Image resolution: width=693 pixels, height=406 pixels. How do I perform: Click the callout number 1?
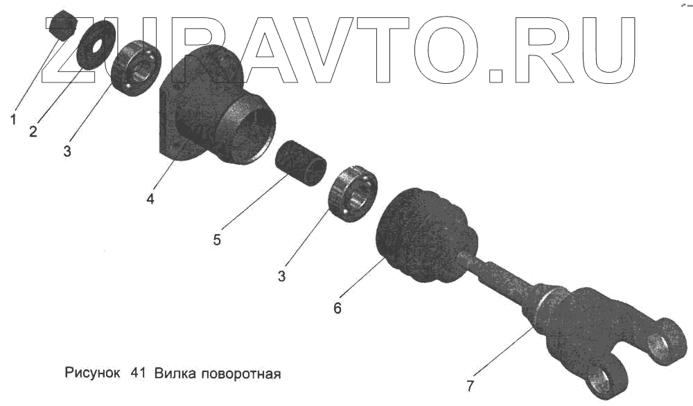(x=13, y=120)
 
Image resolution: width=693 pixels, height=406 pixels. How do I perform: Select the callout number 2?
(x=33, y=132)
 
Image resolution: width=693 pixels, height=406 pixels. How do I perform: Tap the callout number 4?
(x=150, y=199)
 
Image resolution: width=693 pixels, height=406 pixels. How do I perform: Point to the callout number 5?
(x=217, y=240)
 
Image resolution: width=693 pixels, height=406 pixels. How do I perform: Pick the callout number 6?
(x=337, y=308)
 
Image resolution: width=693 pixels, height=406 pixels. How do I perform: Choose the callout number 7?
(x=470, y=385)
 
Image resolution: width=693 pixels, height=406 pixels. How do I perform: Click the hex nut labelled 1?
(x=63, y=26)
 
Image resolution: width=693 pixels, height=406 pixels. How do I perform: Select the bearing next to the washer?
(x=136, y=68)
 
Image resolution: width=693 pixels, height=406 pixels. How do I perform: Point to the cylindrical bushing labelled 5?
(x=301, y=164)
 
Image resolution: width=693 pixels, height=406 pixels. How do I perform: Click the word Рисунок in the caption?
(x=92, y=374)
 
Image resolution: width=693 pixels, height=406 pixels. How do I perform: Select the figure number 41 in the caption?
(x=137, y=374)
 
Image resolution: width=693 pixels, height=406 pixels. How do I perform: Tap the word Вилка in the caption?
(x=175, y=374)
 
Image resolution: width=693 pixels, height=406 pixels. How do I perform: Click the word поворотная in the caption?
(x=240, y=375)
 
